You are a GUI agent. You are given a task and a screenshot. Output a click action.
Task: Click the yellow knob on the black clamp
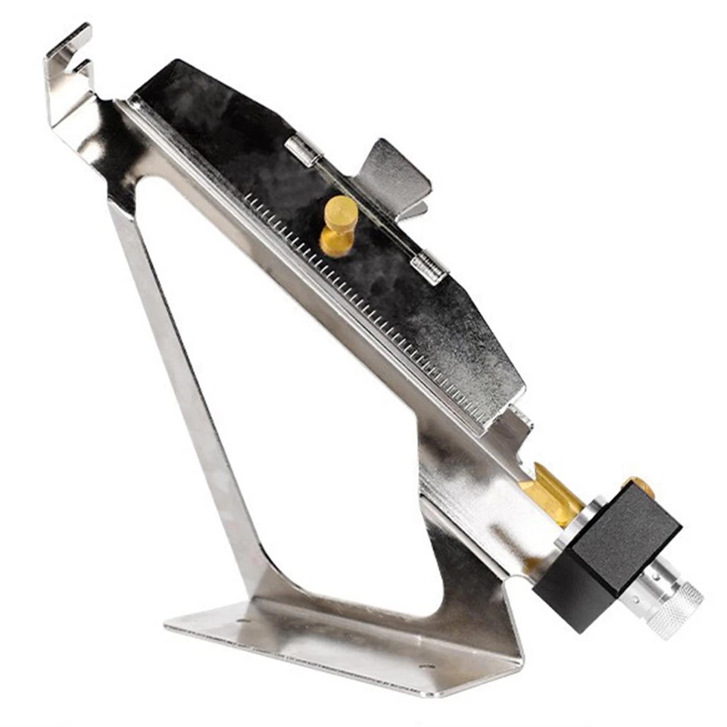point(339,220)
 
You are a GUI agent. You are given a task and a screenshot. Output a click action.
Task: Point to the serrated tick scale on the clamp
point(363,303)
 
